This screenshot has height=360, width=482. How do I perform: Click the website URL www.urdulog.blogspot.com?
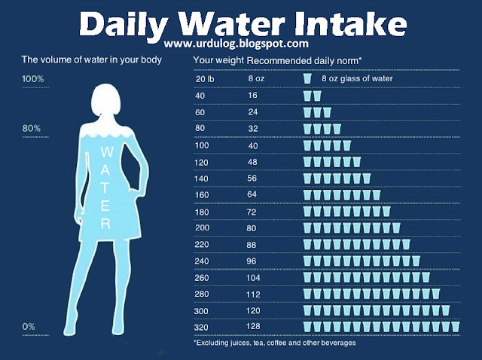240,46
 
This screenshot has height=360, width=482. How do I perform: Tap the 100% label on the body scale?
33,79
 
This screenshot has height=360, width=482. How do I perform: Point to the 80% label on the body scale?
31,128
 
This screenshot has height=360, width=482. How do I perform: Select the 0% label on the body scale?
29,326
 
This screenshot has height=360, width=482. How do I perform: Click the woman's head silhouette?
105,102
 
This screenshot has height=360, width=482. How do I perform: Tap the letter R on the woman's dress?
105,223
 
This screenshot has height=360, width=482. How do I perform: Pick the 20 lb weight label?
205,78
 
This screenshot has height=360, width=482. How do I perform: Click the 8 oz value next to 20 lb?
255,78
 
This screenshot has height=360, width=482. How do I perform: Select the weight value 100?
203,145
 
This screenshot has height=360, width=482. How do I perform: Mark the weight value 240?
203,261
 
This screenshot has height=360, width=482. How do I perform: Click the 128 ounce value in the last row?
255,327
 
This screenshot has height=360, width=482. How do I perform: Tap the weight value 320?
203,327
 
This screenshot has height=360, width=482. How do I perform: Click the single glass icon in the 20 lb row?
307,78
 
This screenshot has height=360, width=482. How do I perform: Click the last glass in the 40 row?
317,96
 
